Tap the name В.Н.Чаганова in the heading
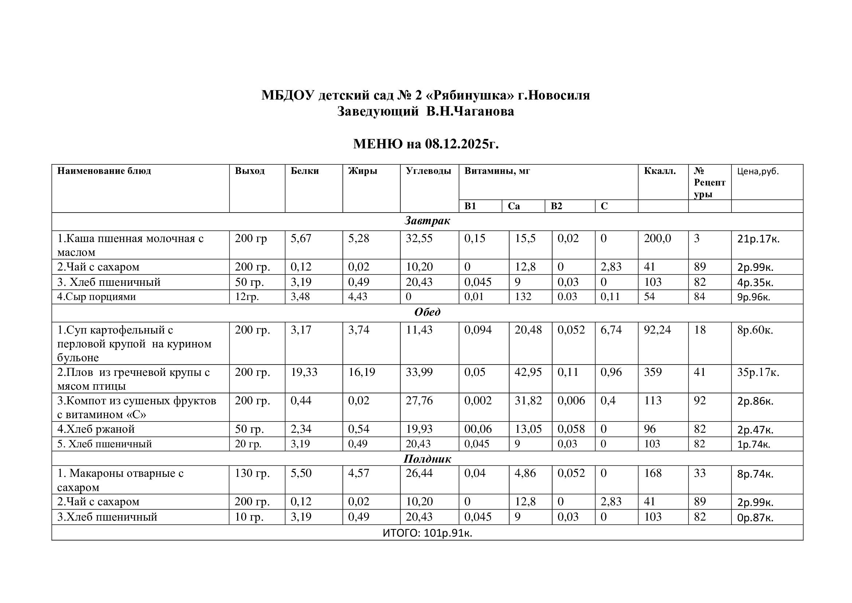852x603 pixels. tap(470, 112)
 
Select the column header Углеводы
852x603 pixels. tap(428, 171)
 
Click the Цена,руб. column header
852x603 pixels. tap(758, 171)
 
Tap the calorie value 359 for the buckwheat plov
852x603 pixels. tap(653, 372)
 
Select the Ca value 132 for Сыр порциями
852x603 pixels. tap(523, 297)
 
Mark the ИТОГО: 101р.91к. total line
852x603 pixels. tap(427, 533)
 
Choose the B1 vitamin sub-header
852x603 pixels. tap(470, 206)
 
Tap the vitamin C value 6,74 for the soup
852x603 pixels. tap(611, 330)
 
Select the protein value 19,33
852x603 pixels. tap(304, 372)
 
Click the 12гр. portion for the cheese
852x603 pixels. tap(247, 297)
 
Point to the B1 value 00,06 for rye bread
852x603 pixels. tap(478, 429)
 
